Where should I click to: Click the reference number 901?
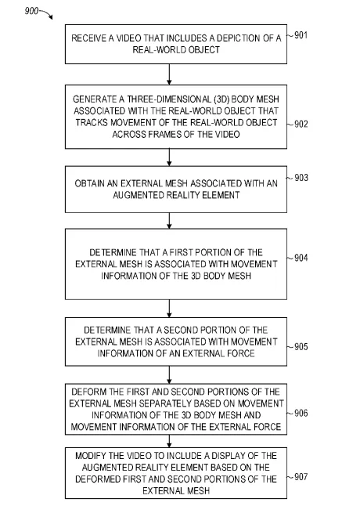301,35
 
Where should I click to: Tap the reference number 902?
301,124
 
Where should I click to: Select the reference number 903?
301,178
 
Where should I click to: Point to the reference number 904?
301,258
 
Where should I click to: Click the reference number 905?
301,347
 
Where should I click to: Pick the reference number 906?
301,413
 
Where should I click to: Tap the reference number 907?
301,477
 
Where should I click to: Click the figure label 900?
31,11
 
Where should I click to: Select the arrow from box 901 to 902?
169,74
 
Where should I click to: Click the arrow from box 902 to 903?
169,157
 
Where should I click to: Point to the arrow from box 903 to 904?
169,221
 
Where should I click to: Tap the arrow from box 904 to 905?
169,309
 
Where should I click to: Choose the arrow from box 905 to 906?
169,375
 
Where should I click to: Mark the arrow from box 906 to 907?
169,441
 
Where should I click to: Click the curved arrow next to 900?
47,13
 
